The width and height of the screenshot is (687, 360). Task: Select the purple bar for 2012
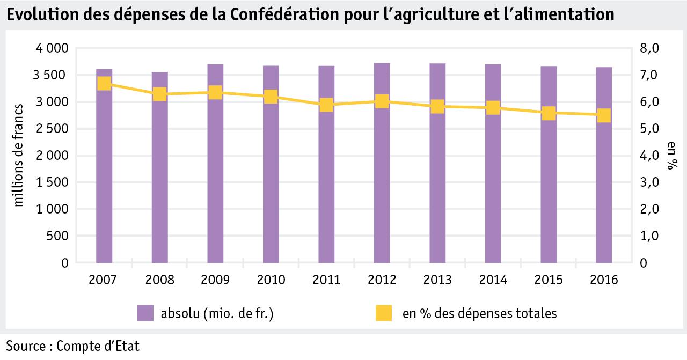(x=382, y=172)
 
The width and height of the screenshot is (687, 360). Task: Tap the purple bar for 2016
(x=604, y=177)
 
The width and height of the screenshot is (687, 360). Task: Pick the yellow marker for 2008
(x=160, y=94)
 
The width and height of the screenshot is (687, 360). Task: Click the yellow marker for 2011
(x=326, y=105)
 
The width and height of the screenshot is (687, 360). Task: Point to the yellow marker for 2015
(x=549, y=113)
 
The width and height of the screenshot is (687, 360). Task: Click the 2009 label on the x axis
(x=215, y=280)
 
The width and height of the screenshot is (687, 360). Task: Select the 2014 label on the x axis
(x=493, y=280)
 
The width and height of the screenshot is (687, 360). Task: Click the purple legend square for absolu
(x=145, y=313)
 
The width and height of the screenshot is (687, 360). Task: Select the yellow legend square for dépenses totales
(x=383, y=313)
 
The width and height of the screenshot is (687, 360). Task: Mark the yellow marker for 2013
(x=437, y=106)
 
